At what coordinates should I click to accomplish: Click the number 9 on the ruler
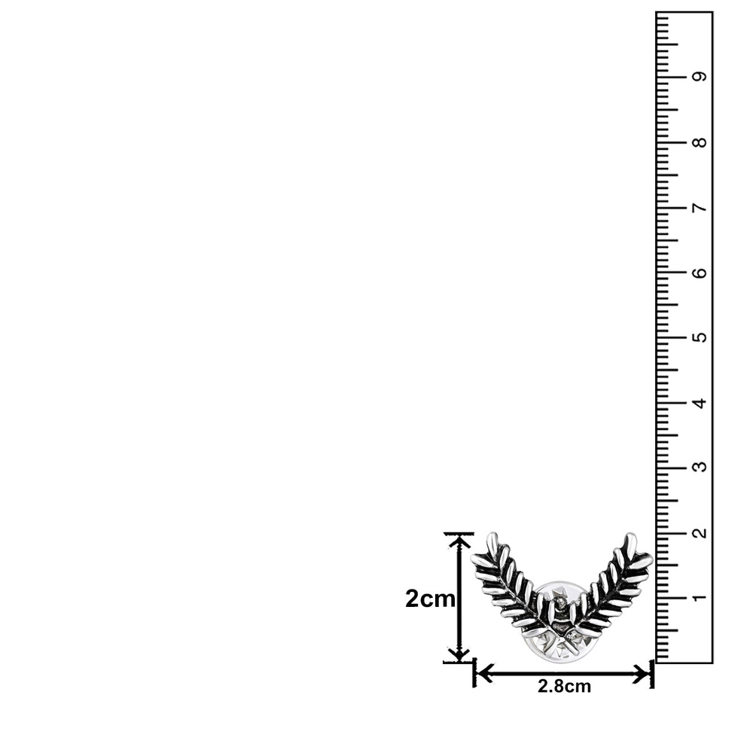(700, 76)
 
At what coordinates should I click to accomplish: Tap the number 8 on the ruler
(700, 142)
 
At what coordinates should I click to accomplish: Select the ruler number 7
(700, 208)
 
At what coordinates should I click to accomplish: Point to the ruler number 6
(700, 273)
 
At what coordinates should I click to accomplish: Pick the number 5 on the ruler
(700, 337)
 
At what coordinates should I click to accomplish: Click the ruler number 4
(700, 402)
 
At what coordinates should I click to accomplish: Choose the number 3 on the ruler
(700, 467)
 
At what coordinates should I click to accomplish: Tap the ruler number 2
(700, 532)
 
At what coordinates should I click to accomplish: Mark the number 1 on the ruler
(700, 597)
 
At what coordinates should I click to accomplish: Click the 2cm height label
(430, 599)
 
